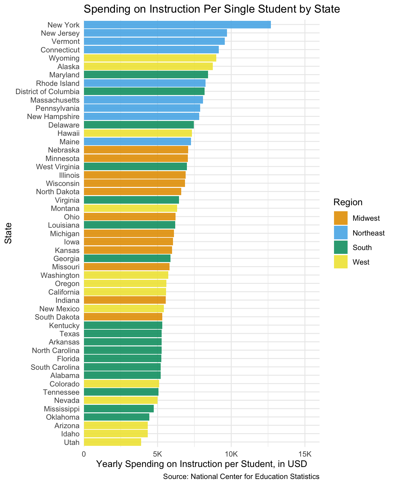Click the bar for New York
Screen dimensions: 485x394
click(177, 25)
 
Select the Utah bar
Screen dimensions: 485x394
click(112, 442)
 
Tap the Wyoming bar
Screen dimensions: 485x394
click(150, 58)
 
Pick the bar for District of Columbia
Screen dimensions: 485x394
click(144, 92)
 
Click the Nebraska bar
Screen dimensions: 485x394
click(136, 150)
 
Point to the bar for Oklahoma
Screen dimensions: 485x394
click(116, 417)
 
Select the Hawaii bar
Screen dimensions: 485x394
click(138, 133)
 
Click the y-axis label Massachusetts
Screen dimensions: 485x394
click(55, 100)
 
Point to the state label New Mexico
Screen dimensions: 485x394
click(59, 309)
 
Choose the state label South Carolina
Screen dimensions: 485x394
click(55, 367)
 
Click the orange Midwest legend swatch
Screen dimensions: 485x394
click(341, 218)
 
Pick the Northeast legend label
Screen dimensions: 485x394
click(369, 233)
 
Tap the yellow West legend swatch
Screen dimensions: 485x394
click(341, 262)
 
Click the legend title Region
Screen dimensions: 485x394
click(348, 202)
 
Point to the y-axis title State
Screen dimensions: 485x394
click(8, 233)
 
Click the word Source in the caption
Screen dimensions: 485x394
click(174, 477)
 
